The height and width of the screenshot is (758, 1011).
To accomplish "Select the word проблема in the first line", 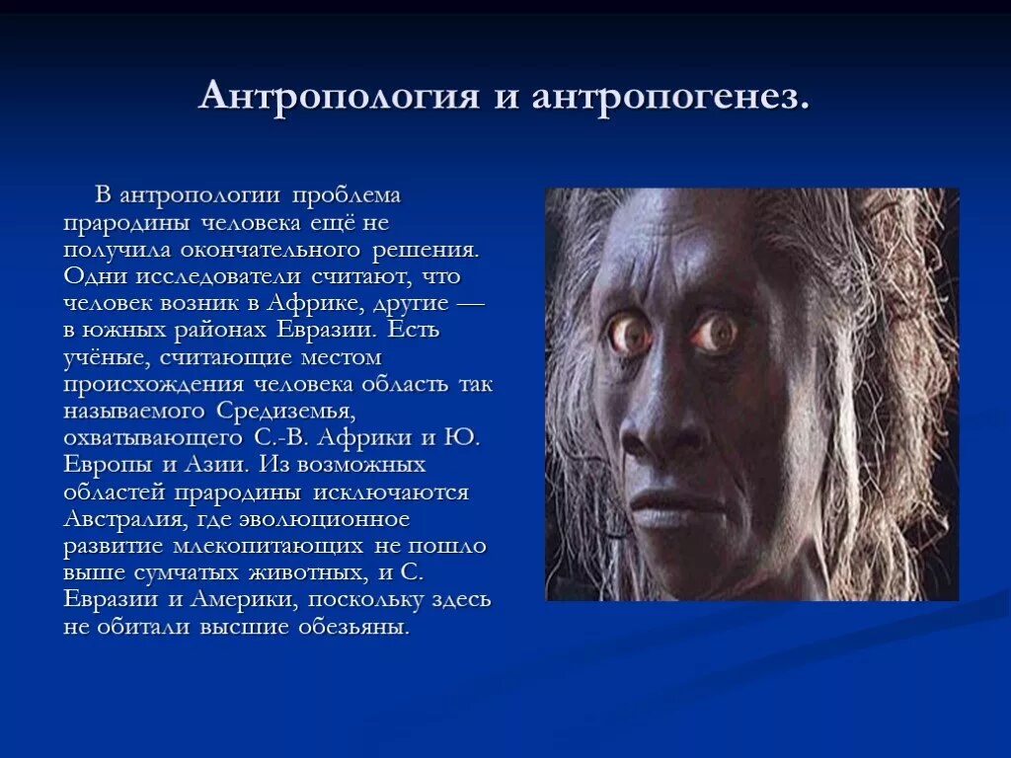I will pos(346,195).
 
